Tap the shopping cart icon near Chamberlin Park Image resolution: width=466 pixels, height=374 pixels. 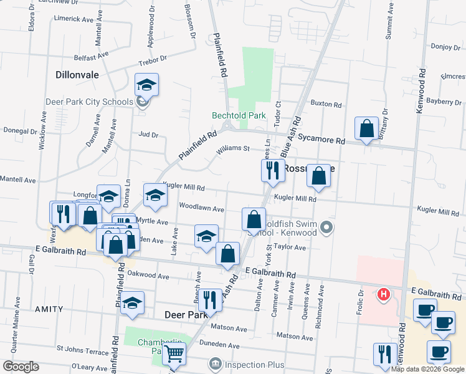[x=174, y=354]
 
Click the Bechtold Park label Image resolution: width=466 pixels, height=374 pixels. [x=239, y=115]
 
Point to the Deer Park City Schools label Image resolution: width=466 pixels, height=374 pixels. [x=89, y=102]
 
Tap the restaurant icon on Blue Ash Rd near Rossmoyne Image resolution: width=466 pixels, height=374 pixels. [x=272, y=170]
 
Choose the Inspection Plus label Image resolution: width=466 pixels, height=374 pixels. [x=255, y=365]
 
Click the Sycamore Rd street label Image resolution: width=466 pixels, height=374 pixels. [x=321, y=140]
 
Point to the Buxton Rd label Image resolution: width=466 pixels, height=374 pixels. [x=326, y=104]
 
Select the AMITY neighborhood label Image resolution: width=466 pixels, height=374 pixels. [x=49, y=309]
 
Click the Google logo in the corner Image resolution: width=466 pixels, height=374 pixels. [x=21, y=367]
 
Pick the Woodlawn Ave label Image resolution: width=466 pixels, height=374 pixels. [x=201, y=209]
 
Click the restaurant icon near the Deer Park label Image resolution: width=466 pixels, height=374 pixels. [x=212, y=300]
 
